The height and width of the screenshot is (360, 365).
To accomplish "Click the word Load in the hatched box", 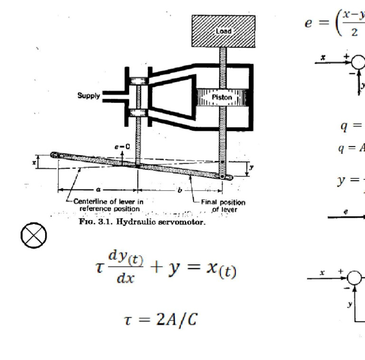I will pos(223,31).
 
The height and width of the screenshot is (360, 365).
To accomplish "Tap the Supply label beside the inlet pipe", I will pos(89,96).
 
